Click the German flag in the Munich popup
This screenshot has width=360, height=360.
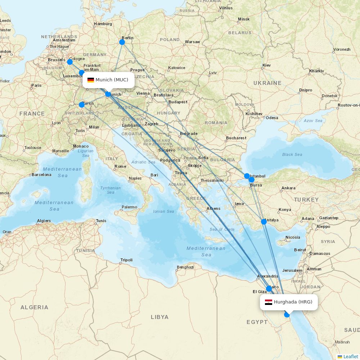click(91, 80)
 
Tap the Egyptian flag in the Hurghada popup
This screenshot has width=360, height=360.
click(269, 302)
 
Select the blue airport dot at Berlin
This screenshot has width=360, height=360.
click(122, 42)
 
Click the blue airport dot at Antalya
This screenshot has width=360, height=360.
click(264, 221)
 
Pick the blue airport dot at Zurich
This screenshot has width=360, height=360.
click(82, 105)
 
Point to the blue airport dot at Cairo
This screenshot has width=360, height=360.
click(269, 288)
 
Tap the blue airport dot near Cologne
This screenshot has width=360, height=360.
click(70, 62)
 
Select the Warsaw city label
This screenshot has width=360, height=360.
click(192, 42)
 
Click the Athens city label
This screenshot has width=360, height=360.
click(213, 209)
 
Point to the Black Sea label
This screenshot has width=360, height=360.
click(292, 154)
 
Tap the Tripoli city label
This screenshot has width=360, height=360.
click(126, 260)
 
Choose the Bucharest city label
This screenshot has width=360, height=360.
click(236, 138)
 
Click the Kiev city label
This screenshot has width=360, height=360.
click(266, 65)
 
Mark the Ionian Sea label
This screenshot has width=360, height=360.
click(163, 211)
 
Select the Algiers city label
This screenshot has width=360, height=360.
click(44, 221)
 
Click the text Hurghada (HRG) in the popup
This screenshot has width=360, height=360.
click(293, 302)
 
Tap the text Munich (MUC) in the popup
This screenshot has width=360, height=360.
click(112, 80)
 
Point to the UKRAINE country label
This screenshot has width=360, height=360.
click(267, 83)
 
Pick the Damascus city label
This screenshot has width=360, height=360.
click(320, 253)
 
